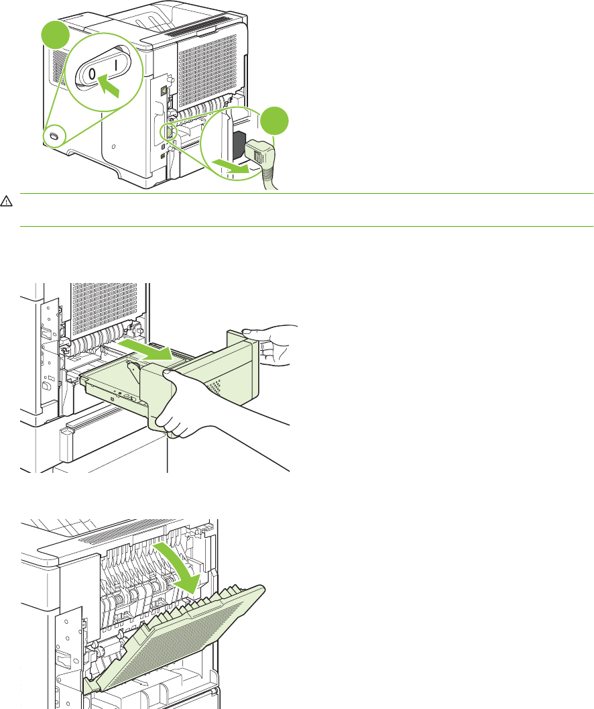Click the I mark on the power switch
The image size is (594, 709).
tap(116, 64)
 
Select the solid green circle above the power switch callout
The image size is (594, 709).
tap(56, 36)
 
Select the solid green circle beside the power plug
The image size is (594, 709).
tap(274, 121)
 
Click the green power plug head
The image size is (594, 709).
tap(259, 153)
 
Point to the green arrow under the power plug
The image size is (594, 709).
tap(232, 166)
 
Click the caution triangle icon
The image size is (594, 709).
tap(6, 201)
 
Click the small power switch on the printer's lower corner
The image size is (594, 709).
tap(54, 135)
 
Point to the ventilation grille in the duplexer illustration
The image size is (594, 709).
tap(105, 309)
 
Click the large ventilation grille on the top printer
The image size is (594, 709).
tap(207, 72)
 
